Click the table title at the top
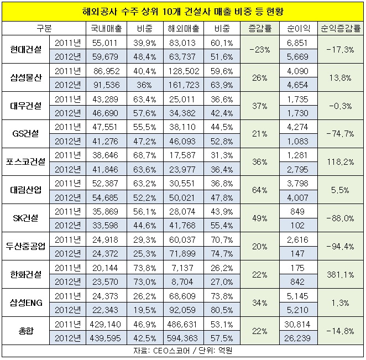click(182, 11)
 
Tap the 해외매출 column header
click(184, 27)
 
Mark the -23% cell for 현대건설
click(260, 49)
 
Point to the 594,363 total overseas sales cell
click(184, 337)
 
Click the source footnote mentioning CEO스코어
click(182, 351)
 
